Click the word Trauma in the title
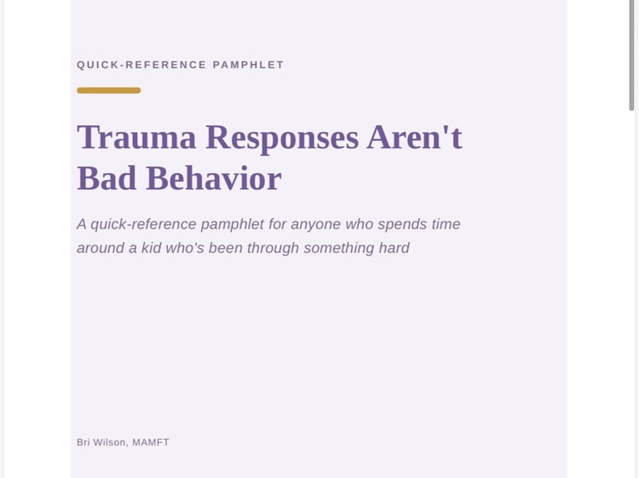tap(136, 137)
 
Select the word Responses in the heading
tap(282, 138)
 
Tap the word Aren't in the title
tap(414, 137)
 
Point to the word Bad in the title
tap(106, 178)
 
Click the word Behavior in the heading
tap(214, 178)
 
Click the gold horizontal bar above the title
tap(109, 90)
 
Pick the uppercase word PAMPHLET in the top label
tap(248, 65)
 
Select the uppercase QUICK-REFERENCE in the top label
tap(141, 65)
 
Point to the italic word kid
tap(151, 248)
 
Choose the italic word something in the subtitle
tap(338, 248)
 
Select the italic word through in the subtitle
tap(273, 248)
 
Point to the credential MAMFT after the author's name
tap(151, 442)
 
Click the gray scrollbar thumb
tap(631, 55)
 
